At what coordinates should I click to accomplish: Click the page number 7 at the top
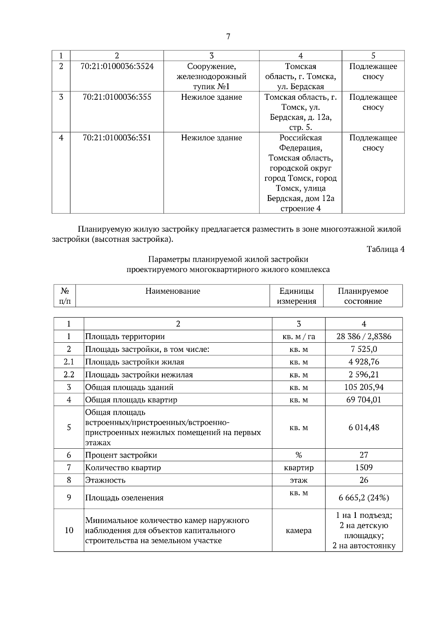pos(228,36)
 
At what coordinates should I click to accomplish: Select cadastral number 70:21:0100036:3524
pos(117,67)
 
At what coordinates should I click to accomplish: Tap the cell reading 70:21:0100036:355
pos(117,97)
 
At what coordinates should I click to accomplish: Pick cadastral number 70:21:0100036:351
pos(117,138)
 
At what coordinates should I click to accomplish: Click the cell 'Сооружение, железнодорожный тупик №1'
pos(211,77)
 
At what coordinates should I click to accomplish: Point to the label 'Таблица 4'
pos(385,249)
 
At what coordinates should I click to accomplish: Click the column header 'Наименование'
pos(173,291)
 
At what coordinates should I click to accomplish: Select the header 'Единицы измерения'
pos(297,296)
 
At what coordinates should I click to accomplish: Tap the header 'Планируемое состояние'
pos(363,296)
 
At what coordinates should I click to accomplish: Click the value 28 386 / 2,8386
pos(364,336)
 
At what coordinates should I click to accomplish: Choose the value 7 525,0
pos(364,349)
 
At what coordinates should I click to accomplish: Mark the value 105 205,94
pos(364,387)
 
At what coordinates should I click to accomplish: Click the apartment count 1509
pos(364,467)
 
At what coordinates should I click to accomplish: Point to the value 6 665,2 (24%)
pos(364,498)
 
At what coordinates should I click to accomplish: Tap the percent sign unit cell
pos(298,455)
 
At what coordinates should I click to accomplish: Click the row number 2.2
pos(69,375)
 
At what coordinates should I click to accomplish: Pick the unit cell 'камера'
pos(298,530)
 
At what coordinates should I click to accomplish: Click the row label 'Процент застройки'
pos(121,455)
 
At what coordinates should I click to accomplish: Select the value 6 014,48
pos(364,428)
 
